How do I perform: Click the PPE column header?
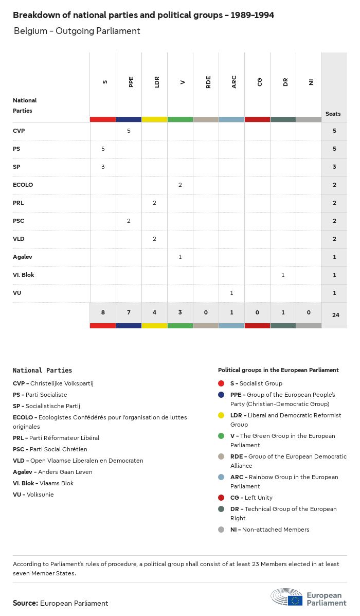click(x=131, y=82)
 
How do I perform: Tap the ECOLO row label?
click(x=23, y=185)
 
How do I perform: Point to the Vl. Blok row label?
click(x=24, y=275)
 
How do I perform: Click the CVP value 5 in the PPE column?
click(x=129, y=131)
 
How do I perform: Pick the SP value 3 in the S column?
click(x=103, y=167)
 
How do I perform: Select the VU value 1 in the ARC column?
click(x=231, y=293)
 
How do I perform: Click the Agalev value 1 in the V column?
click(x=180, y=257)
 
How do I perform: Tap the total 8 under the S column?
click(x=103, y=312)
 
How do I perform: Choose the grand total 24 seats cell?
click(x=335, y=314)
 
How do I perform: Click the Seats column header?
click(x=333, y=114)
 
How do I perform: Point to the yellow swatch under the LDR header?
click(x=154, y=119)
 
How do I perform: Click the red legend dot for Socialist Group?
click(x=221, y=383)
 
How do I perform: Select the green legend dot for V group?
click(x=221, y=436)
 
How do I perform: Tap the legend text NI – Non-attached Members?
click(x=269, y=530)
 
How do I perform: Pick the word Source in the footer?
click(x=25, y=603)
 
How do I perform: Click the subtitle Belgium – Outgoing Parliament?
click(x=77, y=31)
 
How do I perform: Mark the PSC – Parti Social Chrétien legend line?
click(x=50, y=449)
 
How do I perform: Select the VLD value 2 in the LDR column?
click(x=154, y=239)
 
